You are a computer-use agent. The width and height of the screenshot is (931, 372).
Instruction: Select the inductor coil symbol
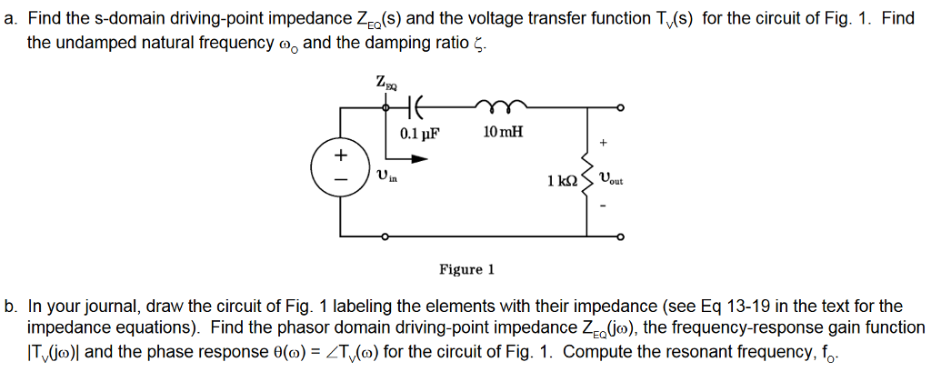503,104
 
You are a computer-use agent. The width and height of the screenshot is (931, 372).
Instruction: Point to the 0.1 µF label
419,134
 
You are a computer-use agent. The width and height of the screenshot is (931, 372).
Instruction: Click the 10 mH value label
504,133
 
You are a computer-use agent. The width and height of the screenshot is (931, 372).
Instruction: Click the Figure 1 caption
466,269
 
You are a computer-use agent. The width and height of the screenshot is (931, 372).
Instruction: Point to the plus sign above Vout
603,144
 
